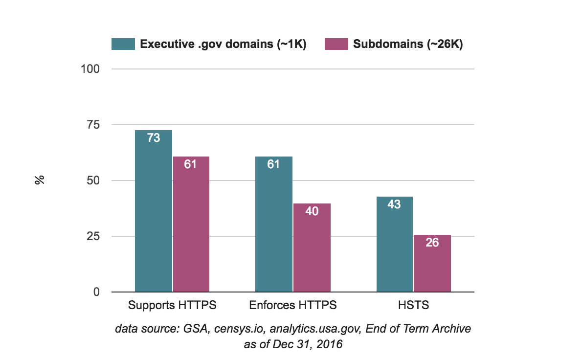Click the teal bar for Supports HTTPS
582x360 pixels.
pos(154,215)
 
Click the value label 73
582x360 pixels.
pos(154,138)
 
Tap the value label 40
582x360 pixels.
pos(312,211)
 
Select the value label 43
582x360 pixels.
pos(394,204)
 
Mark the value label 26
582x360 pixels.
pos(432,242)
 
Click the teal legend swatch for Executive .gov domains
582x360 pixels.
pos(123,44)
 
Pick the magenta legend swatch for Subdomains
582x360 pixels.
pos(336,44)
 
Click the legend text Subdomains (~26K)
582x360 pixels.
pos(408,44)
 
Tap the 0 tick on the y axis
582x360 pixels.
pos(96,292)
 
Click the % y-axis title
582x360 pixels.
pos(40,180)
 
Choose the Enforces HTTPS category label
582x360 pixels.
pos(293,306)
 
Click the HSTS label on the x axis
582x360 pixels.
pos(413,306)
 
